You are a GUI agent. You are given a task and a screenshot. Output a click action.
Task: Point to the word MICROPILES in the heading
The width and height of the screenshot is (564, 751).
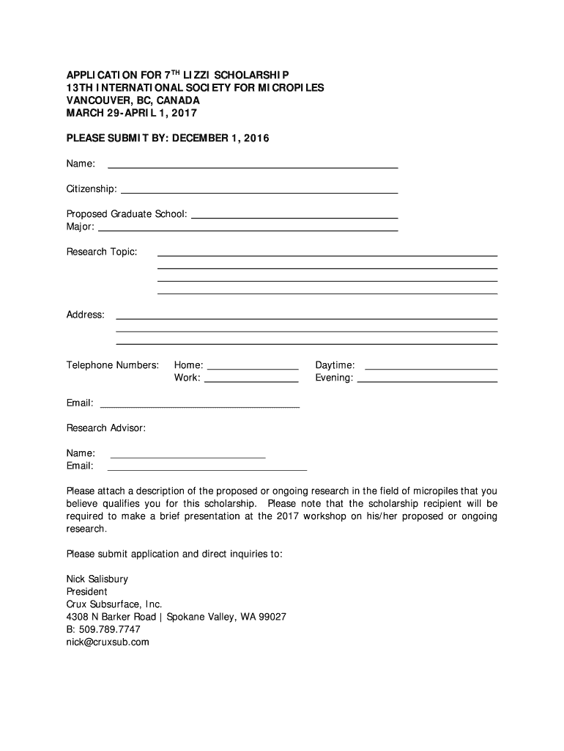coord(286,88)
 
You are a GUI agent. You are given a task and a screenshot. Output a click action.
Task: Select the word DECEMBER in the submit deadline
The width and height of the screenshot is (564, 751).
coord(206,138)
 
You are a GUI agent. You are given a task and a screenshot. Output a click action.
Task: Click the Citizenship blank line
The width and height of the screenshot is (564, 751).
coord(259,191)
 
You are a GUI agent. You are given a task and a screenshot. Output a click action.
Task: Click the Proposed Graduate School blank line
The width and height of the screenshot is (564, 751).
coord(294,217)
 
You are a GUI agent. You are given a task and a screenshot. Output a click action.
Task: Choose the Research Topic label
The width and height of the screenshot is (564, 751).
coord(102,252)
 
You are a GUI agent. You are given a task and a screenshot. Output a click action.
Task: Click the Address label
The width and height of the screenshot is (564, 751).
coord(86,315)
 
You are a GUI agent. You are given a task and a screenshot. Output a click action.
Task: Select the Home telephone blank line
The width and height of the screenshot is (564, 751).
coord(252,368)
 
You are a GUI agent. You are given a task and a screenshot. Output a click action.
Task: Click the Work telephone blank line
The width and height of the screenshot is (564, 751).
coord(251,381)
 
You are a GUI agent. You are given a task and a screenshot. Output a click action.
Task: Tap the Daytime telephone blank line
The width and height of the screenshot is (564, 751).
coord(431,368)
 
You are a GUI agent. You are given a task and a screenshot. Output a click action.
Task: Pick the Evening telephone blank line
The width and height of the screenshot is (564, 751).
coord(431,381)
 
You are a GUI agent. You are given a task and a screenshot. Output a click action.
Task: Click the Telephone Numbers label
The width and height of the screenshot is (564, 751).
coord(113,365)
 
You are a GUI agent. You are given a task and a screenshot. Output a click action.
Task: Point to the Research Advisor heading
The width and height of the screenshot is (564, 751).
coord(106,428)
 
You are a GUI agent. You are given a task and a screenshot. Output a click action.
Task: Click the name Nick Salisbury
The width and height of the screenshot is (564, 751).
coord(97,579)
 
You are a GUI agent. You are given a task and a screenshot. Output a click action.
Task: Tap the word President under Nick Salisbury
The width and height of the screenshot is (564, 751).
coord(87,592)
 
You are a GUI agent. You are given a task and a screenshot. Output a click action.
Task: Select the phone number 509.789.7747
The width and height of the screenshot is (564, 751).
coord(109,629)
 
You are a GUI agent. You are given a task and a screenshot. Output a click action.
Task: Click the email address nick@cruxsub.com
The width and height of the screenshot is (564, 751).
coord(108,642)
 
